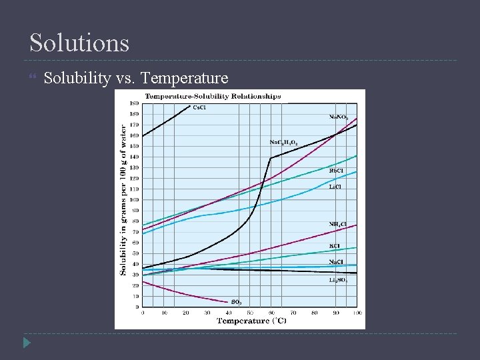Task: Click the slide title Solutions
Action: [x=79, y=43]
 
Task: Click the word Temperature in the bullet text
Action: [x=185, y=79]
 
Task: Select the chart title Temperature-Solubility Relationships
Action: [x=213, y=96]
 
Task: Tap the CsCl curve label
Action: [x=199, y=107]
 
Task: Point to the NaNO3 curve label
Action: [x=339, y=117]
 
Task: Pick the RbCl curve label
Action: [x=337, y=171]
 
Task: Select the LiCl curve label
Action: [x=337, y=187]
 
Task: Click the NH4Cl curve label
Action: [x=337, y=223]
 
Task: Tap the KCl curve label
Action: [x=335, y=246]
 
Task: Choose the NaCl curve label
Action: [x=337, y=262]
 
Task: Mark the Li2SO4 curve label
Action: [x=338, y=280]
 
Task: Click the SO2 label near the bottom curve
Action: [x=236, y=302]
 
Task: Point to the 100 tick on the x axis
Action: [x=357, y=313]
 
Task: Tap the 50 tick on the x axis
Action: [x=250, y=313]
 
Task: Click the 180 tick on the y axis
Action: [x=134, y=103]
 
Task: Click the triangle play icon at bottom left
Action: [x=26, y=343]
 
